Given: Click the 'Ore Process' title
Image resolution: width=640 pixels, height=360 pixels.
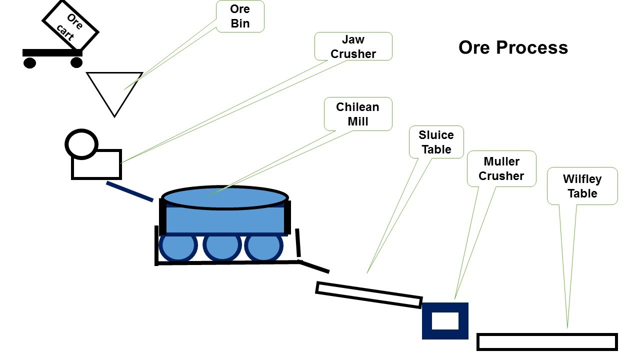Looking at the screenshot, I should point(513,47).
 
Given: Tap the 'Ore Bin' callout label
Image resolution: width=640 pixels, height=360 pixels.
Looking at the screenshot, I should point(240,16).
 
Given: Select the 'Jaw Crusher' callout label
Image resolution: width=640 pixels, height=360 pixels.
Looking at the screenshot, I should point(353,46).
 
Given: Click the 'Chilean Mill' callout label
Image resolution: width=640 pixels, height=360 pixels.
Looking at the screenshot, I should point(357,114).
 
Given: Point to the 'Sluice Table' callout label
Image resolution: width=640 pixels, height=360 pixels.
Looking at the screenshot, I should point(436,142).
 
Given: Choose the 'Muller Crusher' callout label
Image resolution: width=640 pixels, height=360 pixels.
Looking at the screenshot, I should point(501,169).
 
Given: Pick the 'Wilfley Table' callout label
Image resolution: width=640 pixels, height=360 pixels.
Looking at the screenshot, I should point(582,186).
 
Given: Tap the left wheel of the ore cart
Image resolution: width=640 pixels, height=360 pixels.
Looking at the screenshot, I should point(30,62).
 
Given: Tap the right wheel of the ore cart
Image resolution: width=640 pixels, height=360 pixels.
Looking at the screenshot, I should point(76,62).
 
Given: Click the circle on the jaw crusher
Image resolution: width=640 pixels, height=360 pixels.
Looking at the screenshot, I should point(81,144).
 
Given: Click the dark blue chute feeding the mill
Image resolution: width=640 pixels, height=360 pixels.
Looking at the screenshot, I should point(129,191).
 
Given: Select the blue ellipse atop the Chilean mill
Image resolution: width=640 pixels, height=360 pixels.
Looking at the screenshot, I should point(225,197).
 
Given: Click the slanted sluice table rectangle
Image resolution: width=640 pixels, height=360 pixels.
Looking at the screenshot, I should point(369,295).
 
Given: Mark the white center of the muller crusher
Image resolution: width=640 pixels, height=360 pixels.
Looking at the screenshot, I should point(445,320).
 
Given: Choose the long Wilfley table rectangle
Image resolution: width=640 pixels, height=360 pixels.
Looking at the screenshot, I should point(547,342).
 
